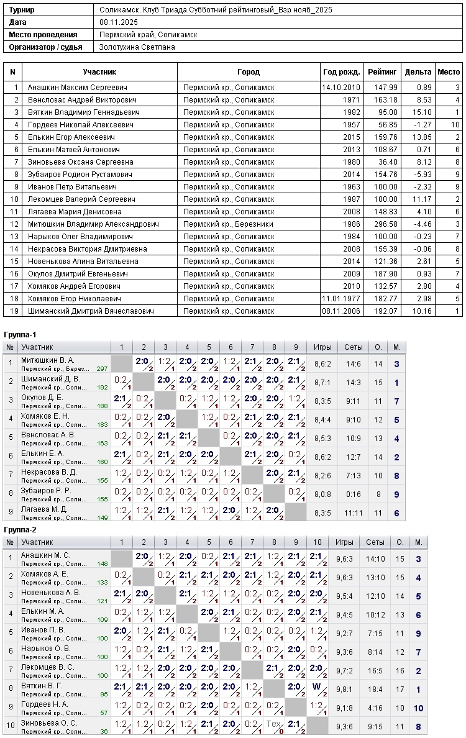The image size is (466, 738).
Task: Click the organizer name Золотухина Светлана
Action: (x=137, y=47)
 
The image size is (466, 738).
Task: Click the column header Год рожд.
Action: (x=341, y=72)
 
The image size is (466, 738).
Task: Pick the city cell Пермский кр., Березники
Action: (x=228, y=224)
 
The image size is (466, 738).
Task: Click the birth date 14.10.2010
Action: (x=341, y=88)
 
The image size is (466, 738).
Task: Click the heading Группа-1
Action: (x=20, y=335)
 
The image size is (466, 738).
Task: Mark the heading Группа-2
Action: (x=20, y=530)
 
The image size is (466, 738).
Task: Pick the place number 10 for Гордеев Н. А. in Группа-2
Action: (x=419, y=708)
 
